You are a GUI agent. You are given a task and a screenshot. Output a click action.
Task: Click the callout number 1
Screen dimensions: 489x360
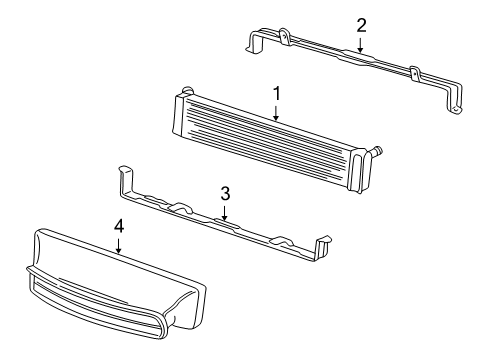(x=277, y=94)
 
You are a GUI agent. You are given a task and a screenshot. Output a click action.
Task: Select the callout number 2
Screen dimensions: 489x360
(x=361, y=26)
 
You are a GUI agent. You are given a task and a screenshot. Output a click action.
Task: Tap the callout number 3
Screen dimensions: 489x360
(x=225, y=194)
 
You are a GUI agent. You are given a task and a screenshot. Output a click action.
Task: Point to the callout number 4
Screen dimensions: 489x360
(x=119, y=227)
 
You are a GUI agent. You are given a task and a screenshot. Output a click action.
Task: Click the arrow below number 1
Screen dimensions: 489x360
(x=276, y=113)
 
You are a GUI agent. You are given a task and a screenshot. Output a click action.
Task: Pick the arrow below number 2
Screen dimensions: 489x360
(x=360, y=45)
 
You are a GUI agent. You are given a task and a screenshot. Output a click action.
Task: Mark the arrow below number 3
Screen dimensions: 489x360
(x=225, y=213)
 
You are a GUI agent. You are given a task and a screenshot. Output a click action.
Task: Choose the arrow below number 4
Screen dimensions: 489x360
(x=118, y=247)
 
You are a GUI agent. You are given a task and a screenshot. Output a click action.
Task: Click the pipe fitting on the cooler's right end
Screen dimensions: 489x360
(x=375, y=151)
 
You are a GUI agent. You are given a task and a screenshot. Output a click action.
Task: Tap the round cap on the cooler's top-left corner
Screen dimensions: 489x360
(x=188, y=90)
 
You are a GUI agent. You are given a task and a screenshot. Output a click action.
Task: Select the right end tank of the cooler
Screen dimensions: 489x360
(x=359, y=171)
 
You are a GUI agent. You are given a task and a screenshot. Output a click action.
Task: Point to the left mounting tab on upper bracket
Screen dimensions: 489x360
(x=284, y=36)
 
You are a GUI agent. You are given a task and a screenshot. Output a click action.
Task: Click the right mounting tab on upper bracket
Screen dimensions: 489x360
(x=415, y=74)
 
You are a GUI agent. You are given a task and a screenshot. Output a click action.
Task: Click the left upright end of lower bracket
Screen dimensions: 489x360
(x=126, y=181)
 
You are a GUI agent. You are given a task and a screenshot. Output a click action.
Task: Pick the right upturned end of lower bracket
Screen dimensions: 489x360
(x=323, y=247)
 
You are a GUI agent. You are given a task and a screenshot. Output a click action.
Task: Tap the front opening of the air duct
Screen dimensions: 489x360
(x=97, y=302)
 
